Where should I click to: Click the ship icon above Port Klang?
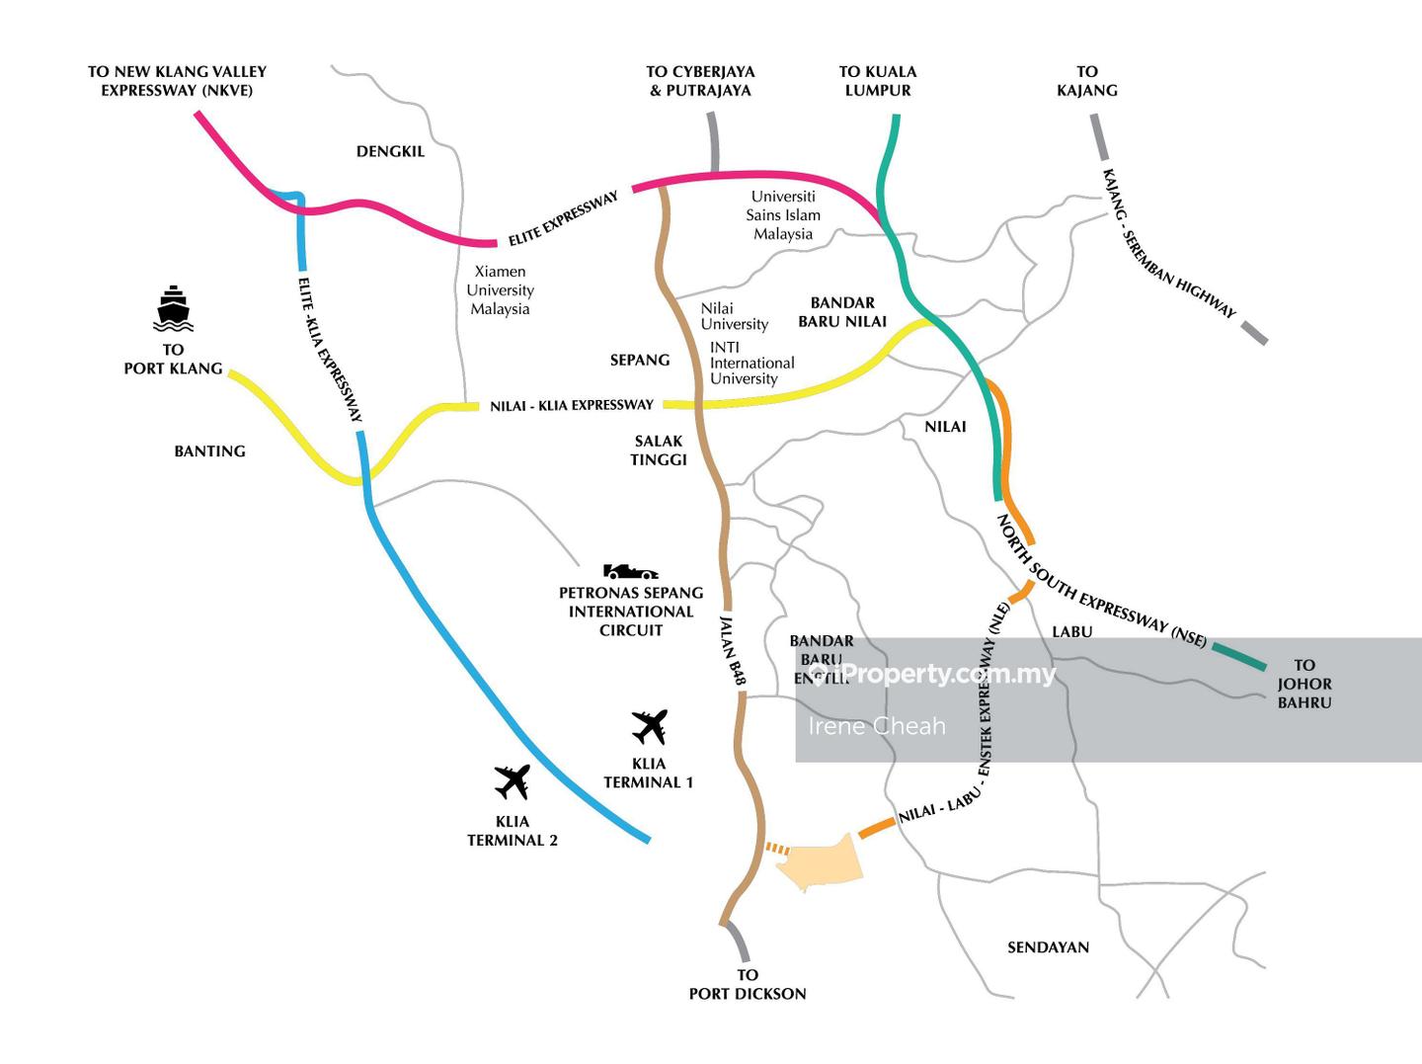pyautogui.click(x=173, y=308)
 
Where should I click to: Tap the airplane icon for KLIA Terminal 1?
pyautogui.click(x=650, y=727)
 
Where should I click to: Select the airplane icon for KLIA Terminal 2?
pyautogui.click(x=513, y=781)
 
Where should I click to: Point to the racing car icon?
pyautogui.click(x=630, y=572)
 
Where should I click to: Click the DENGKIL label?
pyautogui.click(x=390, y=151)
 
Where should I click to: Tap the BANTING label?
pyautogui.click(x=209, y=451)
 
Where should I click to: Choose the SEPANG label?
pyautogui.click(x=640, y=361)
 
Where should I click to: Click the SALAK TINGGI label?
pyautogui.click(x=659, y=450)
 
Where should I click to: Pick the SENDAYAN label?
pyautogui.click(x=1048, y=947)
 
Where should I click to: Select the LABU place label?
pyautogui.click(x=1071, y=632)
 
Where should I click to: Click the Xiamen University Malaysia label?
pyautogui.click(x=500, y=290)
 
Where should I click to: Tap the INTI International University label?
pyautogui.click(x=751, y=364)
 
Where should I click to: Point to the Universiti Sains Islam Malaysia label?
pyautogui.click(x=783, y=215)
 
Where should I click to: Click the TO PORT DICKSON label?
pyautogui.click(x=748, y=985)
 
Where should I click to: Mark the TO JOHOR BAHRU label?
pyautogui.click(x=1304, y=684)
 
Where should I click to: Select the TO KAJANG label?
pyautogui.click(x=1086, y=81)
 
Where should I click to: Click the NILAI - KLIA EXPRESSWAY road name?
pyautogui.click(x=572, y=405)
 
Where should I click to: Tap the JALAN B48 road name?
pyautogui.click(x=733, y=650)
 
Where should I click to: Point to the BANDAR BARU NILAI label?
pyautogui.click(x=842, y=312)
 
